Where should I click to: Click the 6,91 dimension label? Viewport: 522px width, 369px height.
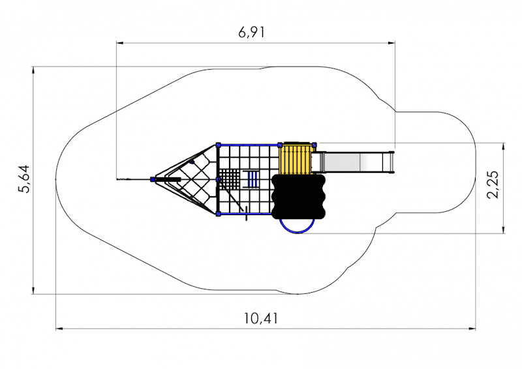(252, 33)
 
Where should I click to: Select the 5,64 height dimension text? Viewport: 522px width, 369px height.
(24, 179)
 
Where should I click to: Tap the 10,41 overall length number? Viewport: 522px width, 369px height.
(260, 318)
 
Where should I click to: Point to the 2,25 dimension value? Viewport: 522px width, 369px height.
(493, 184)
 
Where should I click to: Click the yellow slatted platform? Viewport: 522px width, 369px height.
(296, 160)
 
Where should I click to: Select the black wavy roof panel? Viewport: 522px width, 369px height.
(298, 197)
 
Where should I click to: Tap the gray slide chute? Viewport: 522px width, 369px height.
(354, 162)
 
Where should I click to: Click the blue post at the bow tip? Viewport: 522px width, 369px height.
(153, 179)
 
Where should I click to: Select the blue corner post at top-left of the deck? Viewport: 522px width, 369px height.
(219, 145)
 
